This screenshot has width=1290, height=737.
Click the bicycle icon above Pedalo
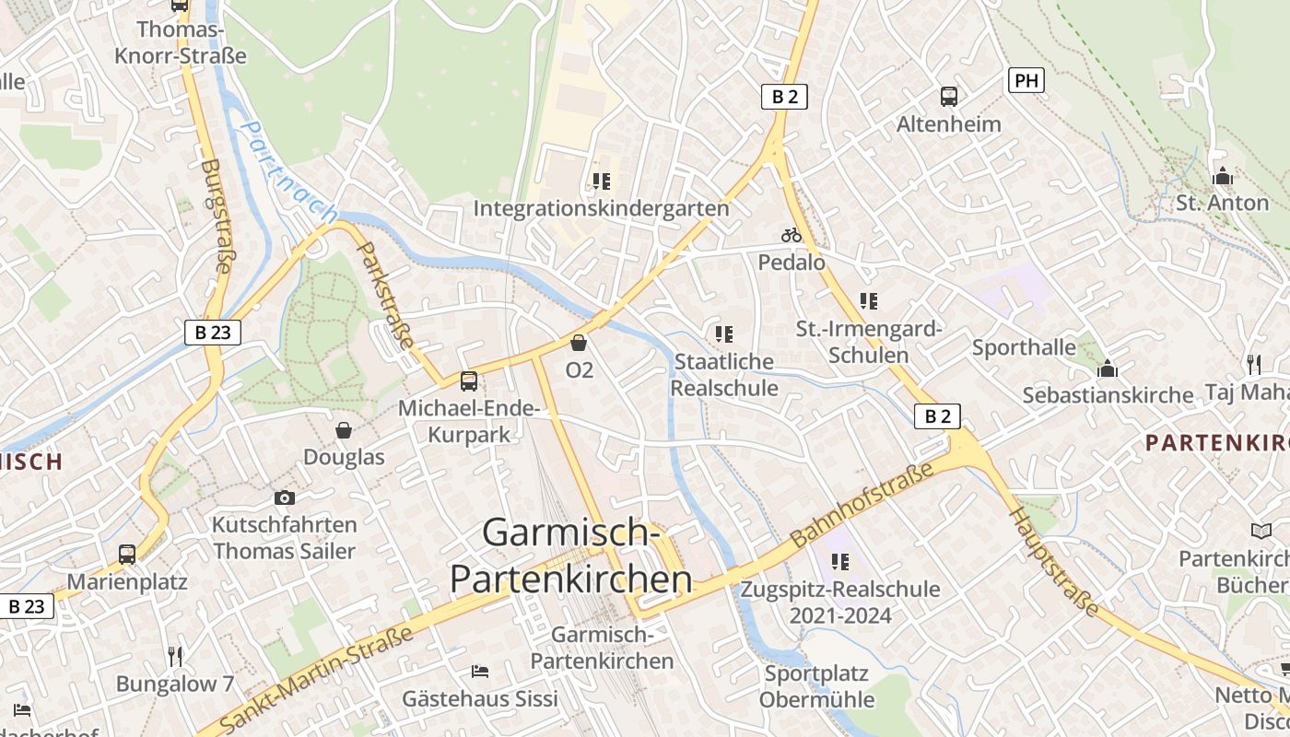[792, 236]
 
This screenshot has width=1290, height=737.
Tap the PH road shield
[1026, 81]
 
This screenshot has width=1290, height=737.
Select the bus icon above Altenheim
[948, 96]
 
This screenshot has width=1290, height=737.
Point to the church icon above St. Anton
[1223, 175]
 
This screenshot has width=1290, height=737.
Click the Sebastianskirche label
[1108, 395]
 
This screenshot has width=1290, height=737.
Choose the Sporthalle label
[1024, 347]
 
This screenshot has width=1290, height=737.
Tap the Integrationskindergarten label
[601, 208]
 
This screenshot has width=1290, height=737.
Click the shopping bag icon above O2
[579, 343]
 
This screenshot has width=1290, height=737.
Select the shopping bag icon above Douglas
[344, 429]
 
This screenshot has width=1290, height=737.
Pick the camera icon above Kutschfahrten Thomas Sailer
[285, 497]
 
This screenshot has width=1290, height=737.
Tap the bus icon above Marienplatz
[127, 555]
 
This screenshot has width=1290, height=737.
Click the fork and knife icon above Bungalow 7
[175, 656]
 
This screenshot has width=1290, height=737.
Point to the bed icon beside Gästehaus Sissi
[479, 671]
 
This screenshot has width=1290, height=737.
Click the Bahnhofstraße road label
[862, 504]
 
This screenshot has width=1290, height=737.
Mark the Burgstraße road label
[215, 216]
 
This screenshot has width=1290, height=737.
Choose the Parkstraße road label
[385, 295]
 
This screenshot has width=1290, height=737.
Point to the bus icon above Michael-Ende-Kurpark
[469, 380]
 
